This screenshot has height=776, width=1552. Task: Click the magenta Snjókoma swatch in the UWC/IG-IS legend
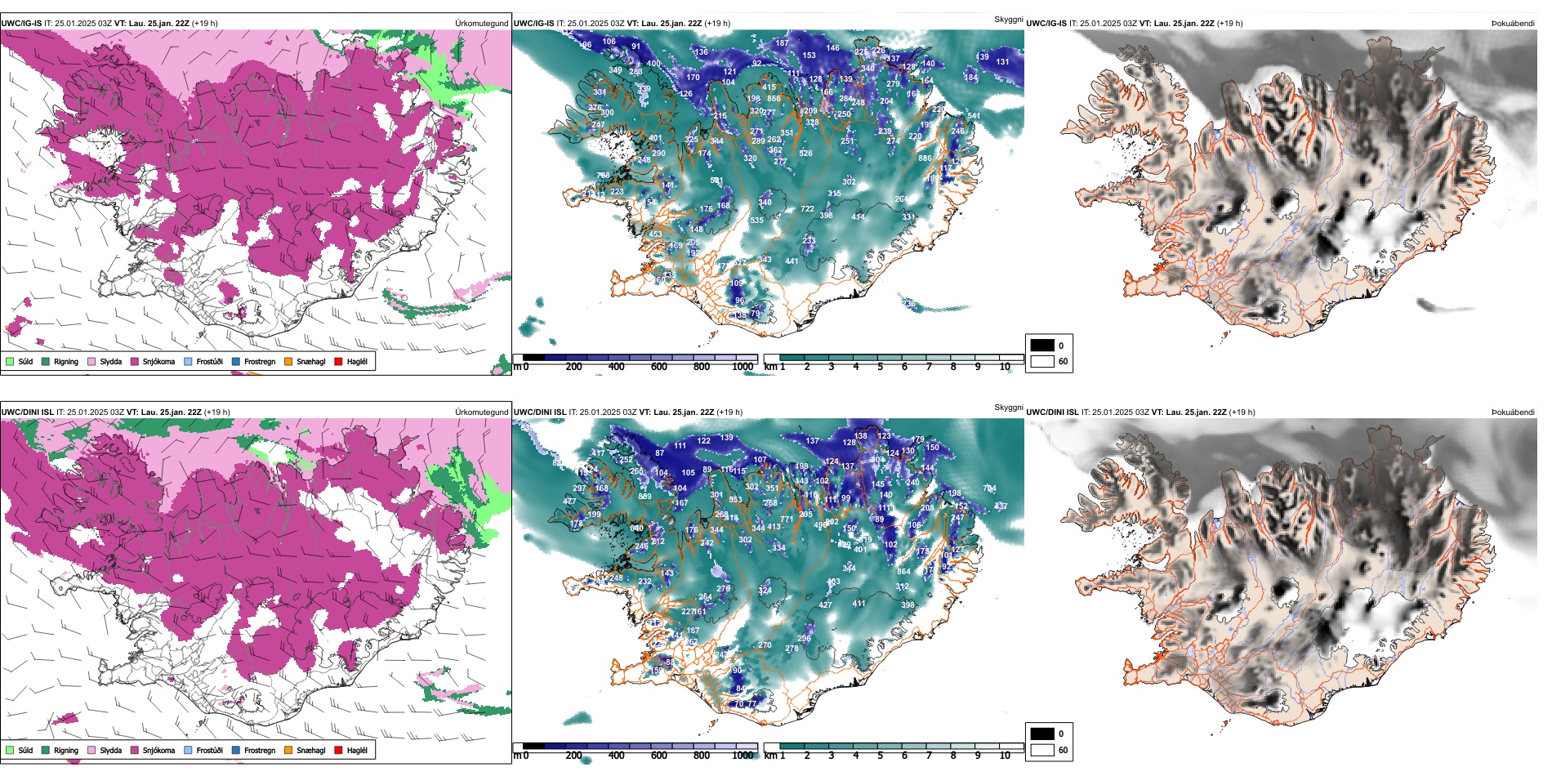pyautogui.click(x=134, y=361)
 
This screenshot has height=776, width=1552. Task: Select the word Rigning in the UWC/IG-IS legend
pyautogui.click(x=66, y=361)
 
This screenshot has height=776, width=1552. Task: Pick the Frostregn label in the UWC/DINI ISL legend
pyautogui.click(x=260, y=750)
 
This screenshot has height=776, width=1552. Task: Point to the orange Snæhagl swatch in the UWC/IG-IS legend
pyautogui.click(x=288, y=361)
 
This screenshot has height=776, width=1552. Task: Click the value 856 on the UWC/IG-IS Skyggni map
pyautogui.click(x=774, y=98)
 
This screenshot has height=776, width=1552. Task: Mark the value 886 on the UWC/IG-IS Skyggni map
pyautogui.click(x=925, y=158)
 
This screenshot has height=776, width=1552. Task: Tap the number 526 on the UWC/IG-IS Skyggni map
pyautogui.click(x=805, y=153)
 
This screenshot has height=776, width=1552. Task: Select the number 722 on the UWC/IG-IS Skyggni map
pyautogui.click(x=807, y=209)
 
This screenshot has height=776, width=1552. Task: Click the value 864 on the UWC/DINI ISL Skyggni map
pyautogui.click(x=903, y=572)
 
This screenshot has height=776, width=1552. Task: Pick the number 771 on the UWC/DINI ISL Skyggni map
pyautogui.click(x=787, y=520)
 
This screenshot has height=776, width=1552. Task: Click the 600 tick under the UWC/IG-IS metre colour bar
pyautogui.click(x=658, y=367)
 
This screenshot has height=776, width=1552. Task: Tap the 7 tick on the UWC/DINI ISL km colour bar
pyautogui.click(x=929, y=756)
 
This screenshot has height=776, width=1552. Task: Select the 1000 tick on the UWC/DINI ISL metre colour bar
pyautogui.click(x=743, y=756)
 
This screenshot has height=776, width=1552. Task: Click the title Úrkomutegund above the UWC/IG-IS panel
pyautogui.click(x=481, y=23)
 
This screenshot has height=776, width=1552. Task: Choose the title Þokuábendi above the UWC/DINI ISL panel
pyautogui.click(x=1513, y=412)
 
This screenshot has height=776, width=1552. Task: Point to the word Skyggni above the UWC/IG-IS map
pyautogui.click(x=1008, y=19)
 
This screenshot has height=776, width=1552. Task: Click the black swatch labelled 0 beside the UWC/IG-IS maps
pyautogui.click(x=1042, y=346)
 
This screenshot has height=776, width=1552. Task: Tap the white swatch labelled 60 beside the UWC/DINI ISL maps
pyautogui.click(x=1042, y=750)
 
